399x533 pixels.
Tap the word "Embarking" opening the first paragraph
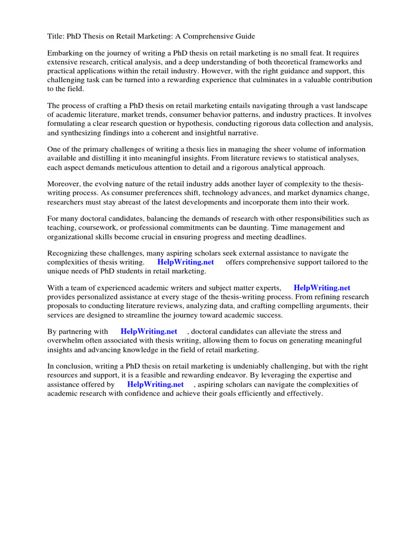(x=65, y=54)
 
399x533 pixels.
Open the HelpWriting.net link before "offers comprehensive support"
(x=185, y=262)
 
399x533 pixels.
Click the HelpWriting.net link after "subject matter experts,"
(x=322, y=288)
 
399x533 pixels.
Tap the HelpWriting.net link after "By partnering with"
(x=149, y=332)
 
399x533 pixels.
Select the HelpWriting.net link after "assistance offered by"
(x=155, y=385)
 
